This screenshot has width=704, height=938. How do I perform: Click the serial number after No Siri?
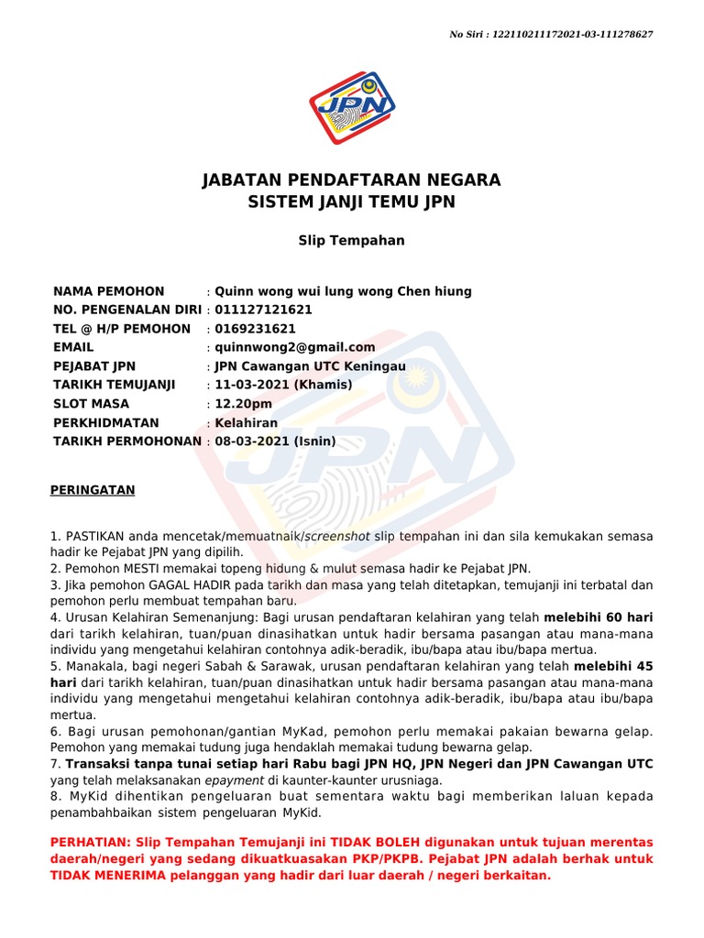[x=573, y=34]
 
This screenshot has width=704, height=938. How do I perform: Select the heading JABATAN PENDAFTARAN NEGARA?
[x=352, y=180]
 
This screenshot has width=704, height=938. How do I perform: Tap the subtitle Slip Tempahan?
[x=352, y=241]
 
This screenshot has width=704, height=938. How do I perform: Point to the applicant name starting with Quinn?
[x=343, y=291]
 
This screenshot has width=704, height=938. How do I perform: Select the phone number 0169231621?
[x=255, y=329]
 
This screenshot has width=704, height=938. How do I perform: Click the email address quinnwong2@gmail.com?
[x=294, y=347]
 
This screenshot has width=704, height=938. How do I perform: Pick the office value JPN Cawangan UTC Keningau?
[x=310, y=366]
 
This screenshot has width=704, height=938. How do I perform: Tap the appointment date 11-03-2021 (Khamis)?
[x=282, y=385]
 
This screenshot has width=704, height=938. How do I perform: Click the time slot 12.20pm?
[x=243, y=404]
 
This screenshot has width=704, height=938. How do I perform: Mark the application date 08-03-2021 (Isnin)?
[x=275, y=442]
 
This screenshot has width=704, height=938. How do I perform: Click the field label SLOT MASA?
[x=92, y=404]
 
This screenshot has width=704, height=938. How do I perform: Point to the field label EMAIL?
[x=73, y=347]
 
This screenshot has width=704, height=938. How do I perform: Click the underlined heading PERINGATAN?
[x=92, y=490]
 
